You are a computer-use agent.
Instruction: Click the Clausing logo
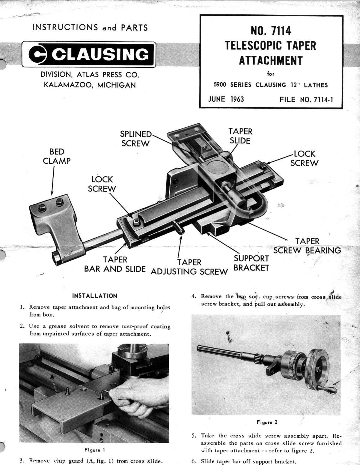point(89,55)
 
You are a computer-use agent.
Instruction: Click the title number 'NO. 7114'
point(271,31)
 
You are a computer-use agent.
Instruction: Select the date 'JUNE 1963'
point(226,99)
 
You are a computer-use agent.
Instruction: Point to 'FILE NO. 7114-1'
point(306,100)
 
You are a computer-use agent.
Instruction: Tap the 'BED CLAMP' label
point(56,156)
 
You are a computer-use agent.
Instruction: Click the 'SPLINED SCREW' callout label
point(136,139)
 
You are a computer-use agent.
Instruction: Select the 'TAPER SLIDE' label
point(240,136)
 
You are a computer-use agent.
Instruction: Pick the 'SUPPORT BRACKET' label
point(251,263)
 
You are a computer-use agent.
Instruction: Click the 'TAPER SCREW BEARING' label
point(307,246)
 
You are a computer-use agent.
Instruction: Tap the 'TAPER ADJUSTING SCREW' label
point(189,267)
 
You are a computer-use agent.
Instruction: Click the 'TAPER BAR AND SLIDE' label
point(115,264)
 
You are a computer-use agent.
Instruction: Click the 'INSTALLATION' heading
point(95,296)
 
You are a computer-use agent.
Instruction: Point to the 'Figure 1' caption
point(94,450)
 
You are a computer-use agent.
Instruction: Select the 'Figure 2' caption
point(267,422)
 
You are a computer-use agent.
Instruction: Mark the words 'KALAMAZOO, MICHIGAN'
point(90,85)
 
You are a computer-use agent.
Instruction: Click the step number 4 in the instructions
point(194,296)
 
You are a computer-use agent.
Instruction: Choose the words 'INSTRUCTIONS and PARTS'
point(90,28)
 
